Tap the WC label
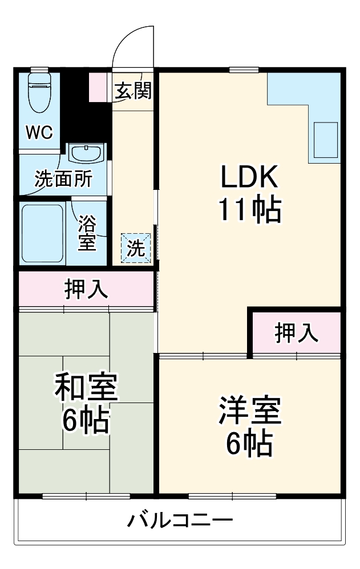tap(39, 133)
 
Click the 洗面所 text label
tap(63, 180)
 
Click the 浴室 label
tap(87, 233)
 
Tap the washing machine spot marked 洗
tap(136, 249)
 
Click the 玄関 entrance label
tap(133, 91)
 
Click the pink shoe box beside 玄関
tap(98, 87)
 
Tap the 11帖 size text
tap(249, 211)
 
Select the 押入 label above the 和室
tap(86, 290)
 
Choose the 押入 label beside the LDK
tap(297, 333)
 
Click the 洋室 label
tap(250, 412)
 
